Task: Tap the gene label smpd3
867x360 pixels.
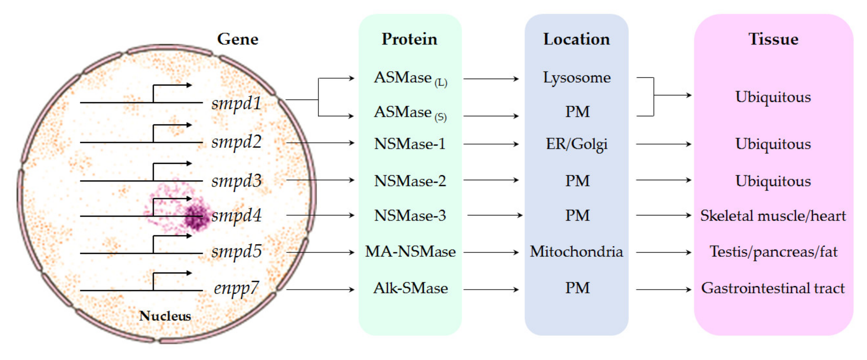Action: [236, 181]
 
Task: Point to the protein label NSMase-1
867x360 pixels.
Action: [410, 144]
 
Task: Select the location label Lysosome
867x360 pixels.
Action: [576, 78]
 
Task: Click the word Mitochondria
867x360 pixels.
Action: [576, 252]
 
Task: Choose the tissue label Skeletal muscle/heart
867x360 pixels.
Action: [773, 216]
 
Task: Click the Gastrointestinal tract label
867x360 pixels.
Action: [773, 288]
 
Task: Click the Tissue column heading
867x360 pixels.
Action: [773, 39]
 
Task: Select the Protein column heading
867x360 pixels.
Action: [409, 39]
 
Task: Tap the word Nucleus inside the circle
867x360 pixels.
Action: [165, 316]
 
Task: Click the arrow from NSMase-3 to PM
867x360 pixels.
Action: [494, 215]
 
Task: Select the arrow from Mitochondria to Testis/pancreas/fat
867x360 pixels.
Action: [663, 252]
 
